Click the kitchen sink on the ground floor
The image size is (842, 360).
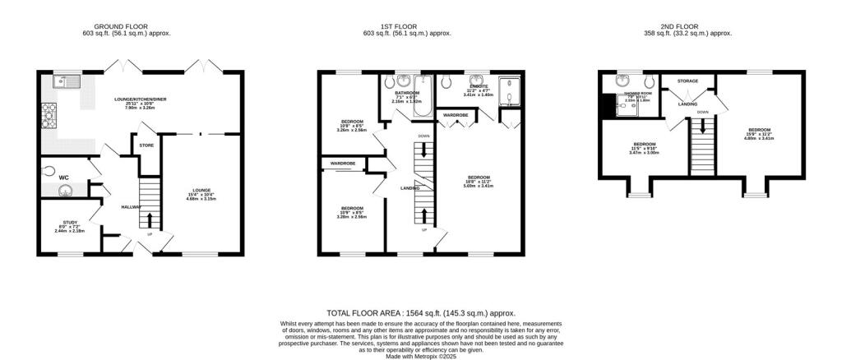[64, 81]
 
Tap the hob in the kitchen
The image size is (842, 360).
[45, 111]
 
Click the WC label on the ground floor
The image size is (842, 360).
[62, 176]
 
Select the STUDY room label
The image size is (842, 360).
[69, 222]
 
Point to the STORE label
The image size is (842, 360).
[146, 145]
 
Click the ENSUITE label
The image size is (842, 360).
[479, 85]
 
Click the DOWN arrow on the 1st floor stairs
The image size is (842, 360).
[423, 149]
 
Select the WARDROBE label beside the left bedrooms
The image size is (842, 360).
[344, 164]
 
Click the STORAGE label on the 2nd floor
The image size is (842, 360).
[687, 81]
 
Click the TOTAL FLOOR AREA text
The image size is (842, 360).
[362, 313]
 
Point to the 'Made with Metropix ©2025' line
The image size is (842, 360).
[421, 355]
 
